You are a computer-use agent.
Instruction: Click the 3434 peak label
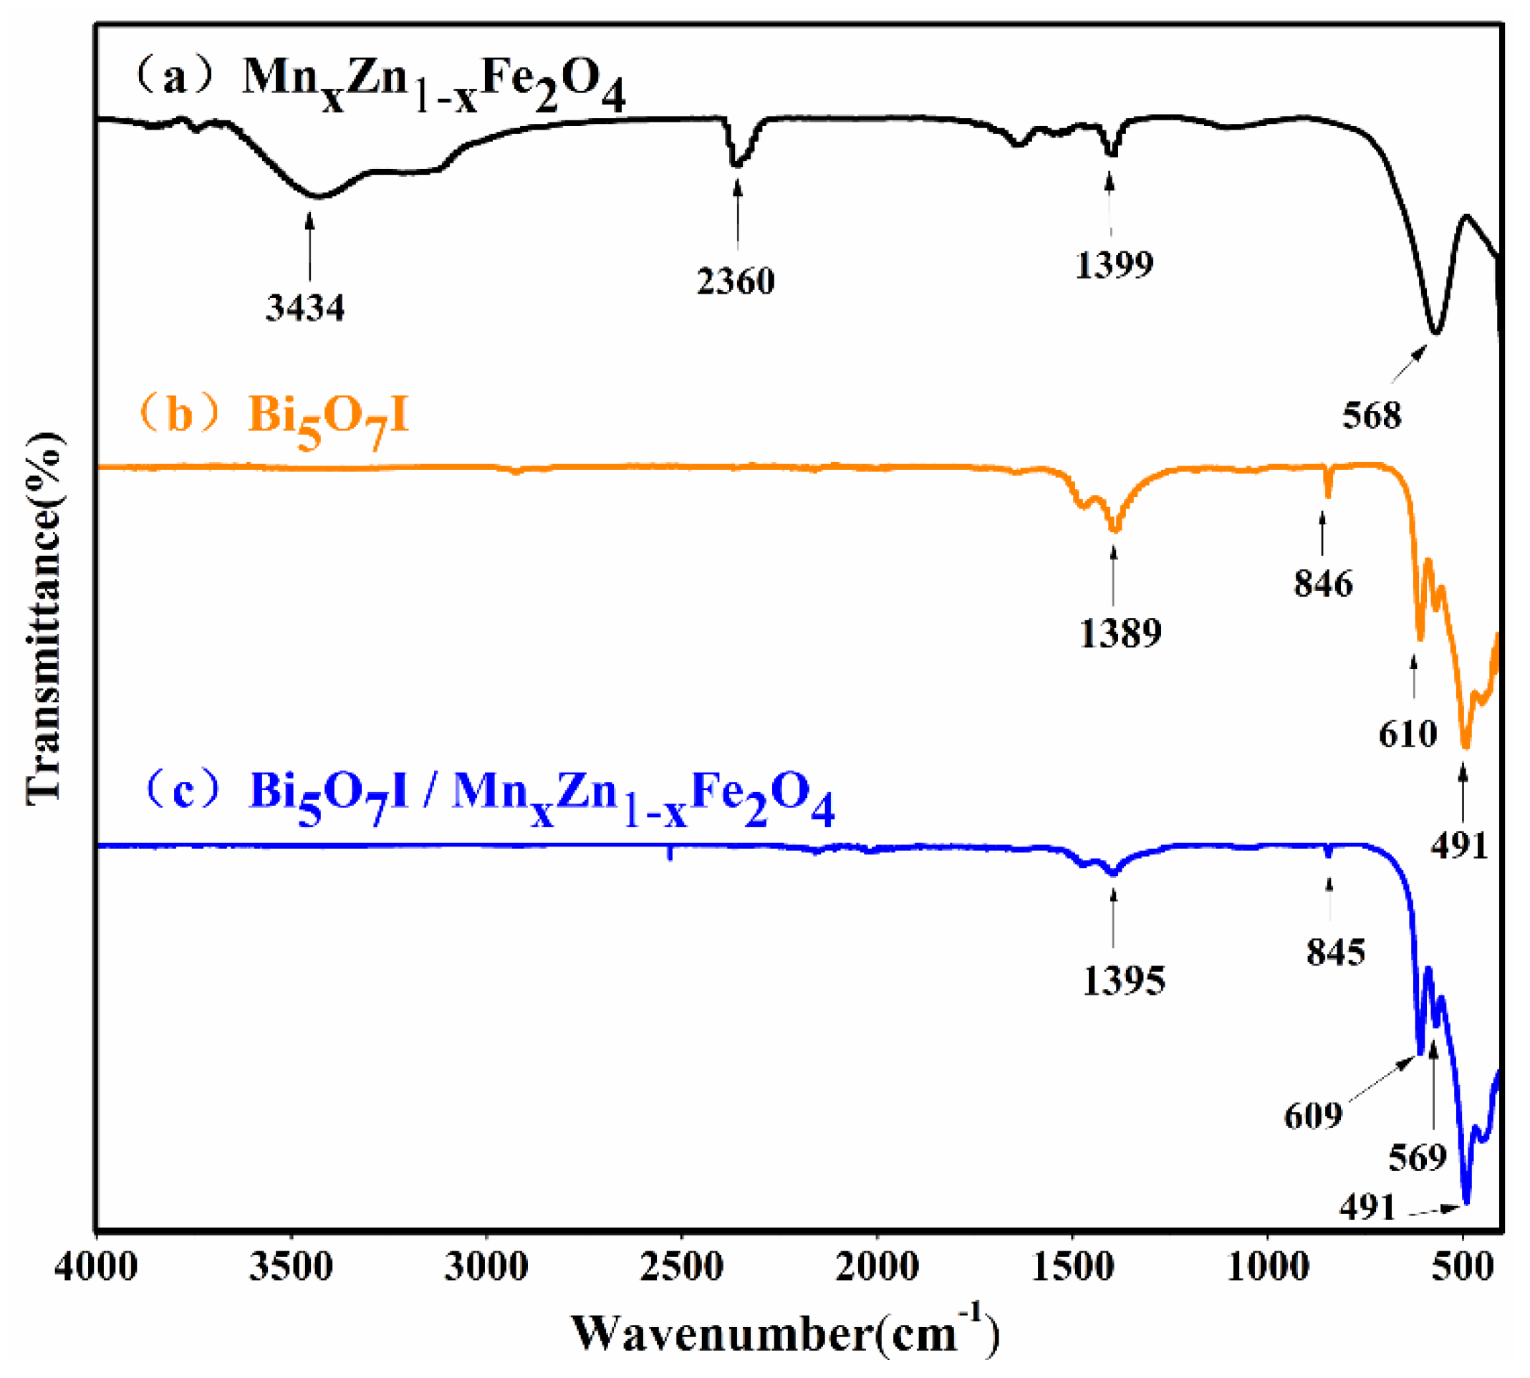pos(304,307)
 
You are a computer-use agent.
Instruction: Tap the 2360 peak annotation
pos(736,281)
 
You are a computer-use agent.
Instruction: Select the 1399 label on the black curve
pos(1114,264)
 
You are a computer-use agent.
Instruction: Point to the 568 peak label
pos(1372,415)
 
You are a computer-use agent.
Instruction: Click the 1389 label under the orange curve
pos(1120,633)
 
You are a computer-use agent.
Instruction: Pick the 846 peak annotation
pos(1322,584)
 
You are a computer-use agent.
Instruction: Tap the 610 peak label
pos(1408,733)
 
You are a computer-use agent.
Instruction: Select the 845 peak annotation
pos(1335,953)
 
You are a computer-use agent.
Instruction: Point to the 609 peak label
pos(1313,1115)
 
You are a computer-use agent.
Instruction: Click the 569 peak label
pos(1418,1157)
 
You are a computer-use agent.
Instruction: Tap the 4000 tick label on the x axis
pos(96,1267)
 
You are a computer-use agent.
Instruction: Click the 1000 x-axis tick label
pos(1267,1267)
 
